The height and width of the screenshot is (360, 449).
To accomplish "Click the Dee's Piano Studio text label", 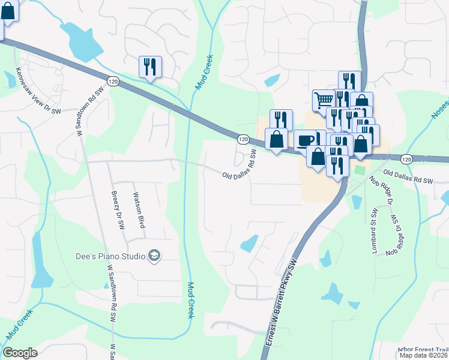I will click(110, 256).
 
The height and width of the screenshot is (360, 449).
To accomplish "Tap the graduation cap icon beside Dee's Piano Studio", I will click(155, 256).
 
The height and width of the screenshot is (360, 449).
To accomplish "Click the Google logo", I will click(20, 353).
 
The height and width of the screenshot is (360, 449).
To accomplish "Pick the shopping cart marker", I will click(324, 100).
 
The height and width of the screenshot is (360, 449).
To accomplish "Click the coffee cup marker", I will click(306, 139).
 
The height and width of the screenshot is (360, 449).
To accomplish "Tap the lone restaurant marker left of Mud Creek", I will click(150, 67).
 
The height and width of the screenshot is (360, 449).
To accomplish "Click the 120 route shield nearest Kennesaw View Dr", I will click(113, 80).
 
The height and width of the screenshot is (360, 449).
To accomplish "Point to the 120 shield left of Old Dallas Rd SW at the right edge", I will click(406, 160).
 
